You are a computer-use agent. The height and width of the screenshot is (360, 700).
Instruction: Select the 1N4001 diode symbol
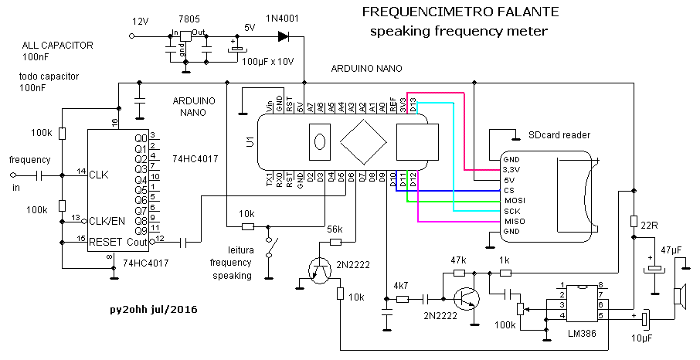(x=283, y=35)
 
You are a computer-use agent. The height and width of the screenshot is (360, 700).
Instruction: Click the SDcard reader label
(x=559, y=134)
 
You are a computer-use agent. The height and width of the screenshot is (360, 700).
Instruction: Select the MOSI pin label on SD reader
(x=511, y=200)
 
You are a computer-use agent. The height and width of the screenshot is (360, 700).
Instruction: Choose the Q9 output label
(x=141, y=230)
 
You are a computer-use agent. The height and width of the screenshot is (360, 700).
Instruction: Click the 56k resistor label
(x=335, y=229)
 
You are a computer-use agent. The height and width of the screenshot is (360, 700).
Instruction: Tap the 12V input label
(x=141, y=21)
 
